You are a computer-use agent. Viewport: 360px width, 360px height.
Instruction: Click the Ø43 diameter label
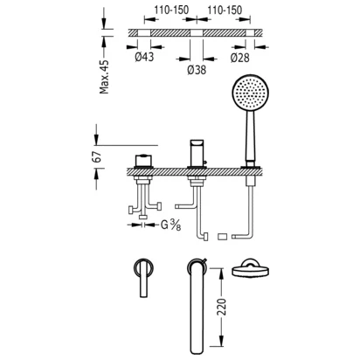(x=144, y=57)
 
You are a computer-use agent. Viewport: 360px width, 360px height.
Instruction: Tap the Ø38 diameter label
(x=197, y=70)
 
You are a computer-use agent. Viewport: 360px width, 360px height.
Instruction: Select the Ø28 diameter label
(x=239, y=58)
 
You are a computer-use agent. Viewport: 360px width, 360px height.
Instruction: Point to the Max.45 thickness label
(x=104, y=77)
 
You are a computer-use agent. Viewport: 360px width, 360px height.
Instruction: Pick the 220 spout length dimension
(x=222, y=307)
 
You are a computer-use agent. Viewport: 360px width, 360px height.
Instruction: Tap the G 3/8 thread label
(x=170, y=225)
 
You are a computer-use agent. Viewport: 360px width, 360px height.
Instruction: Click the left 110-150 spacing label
(x=171, y=10)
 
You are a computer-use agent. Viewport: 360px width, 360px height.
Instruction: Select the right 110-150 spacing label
(x=225, y=10)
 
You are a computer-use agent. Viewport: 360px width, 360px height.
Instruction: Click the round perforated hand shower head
(x=250, y=93)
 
